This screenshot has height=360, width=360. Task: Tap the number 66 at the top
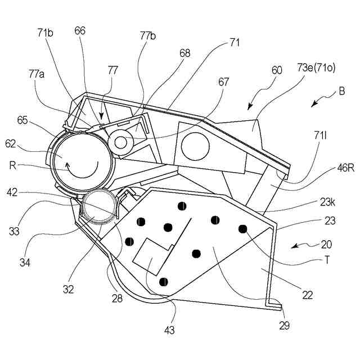[79, 31]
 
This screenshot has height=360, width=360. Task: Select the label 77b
[148, 36]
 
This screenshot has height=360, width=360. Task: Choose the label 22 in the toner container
[308, 294]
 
